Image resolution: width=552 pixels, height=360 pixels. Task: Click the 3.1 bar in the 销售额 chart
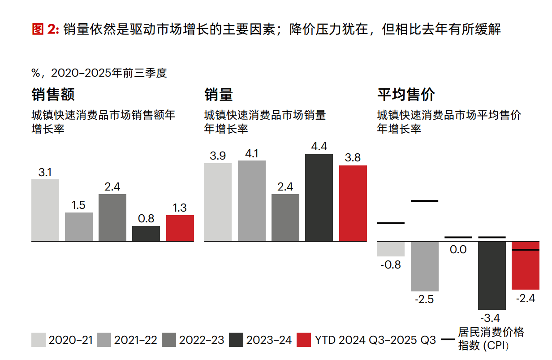pyautogui.click(x=45, y=210)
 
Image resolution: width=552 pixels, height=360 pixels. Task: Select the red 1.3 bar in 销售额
pyautogui.click(x=180, y=228)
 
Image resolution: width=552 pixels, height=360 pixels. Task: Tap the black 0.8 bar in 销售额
pyautogui.click(x=146, y=234)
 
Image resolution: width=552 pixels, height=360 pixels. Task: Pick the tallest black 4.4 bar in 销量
pyautogui.click(x=319, y=198)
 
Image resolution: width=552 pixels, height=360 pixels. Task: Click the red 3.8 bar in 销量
pyautogui.click(x=353, y=204)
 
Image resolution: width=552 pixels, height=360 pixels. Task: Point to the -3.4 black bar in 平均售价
pyautogui.click(x=492, y=275)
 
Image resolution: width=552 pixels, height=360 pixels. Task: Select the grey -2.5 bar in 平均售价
pyautogui.click(x=425, y=266)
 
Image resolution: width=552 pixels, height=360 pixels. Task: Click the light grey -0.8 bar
pyautogui.click(x=391, y=248)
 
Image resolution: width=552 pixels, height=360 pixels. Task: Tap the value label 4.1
pyautogui.click(x=252, y=154)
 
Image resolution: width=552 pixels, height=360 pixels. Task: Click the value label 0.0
pyautogui.click(x=458, y=249)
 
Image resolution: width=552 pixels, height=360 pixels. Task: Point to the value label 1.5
pyautogui.click(x=78, y=205)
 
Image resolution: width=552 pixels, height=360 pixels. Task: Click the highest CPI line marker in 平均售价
pyautogui.click(x=424, y=201)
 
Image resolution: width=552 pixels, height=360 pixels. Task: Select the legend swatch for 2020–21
pyautogui.click(x=39, y=340)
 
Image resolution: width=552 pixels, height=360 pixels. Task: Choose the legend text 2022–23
pyautogui.click(x=202, y=340)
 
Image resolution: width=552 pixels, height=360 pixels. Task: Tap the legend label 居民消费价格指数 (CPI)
pyautogui.click(x=491, y=339)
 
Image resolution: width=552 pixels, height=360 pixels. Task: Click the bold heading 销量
pyautogui.click(x=219, y=95)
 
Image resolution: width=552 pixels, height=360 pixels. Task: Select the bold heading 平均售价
pyautogui.click(x=406, y=95)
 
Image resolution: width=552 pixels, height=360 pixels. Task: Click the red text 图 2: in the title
pyautogui.click(x=46, y=30)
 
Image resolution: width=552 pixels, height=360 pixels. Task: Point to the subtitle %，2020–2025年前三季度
pyautogui.click(x=99, y=73)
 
